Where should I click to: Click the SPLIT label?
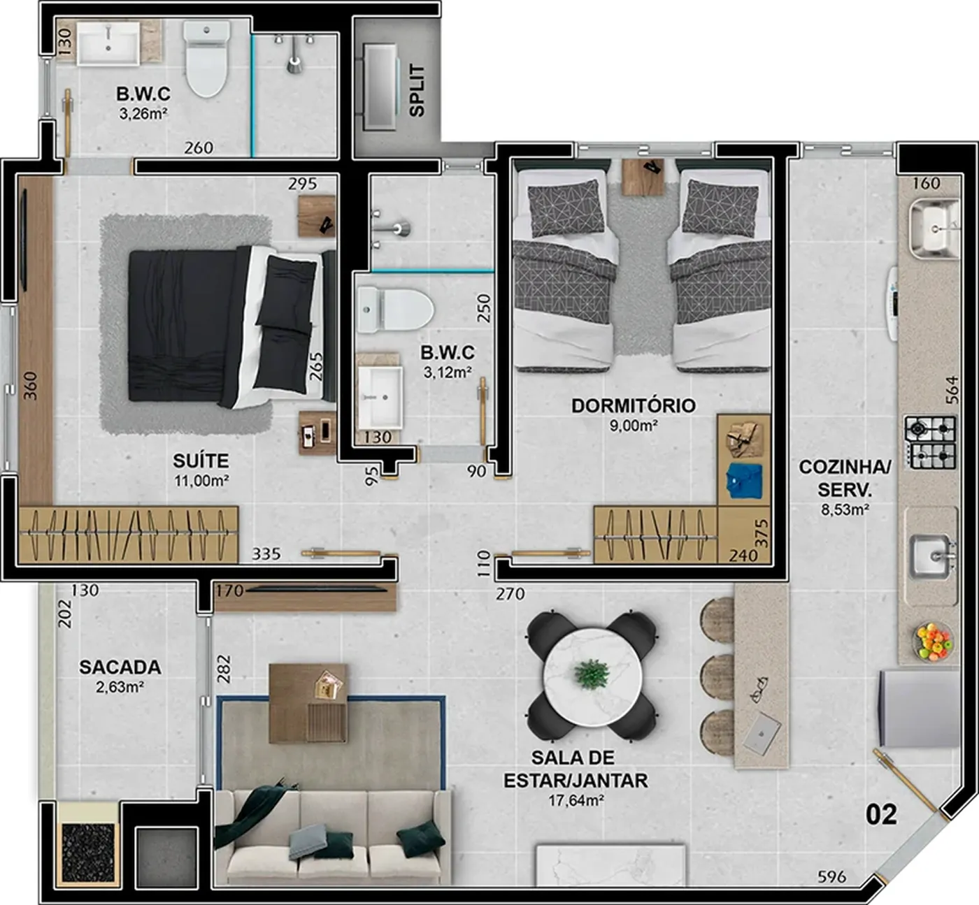point(417,91)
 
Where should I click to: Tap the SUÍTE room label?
point(201,461)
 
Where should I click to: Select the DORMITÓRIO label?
point(634,405)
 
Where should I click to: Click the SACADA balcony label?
point(120,667)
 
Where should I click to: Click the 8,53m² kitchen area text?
point(845,509)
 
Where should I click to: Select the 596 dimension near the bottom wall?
point(831,876)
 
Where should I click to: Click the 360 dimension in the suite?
point(29,386)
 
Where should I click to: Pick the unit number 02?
point(881,816)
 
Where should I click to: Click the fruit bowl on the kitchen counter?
point(933,641)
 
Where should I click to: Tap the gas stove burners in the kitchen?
point(930,442)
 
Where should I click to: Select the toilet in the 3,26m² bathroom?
point(206,59)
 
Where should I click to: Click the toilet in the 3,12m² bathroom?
point(395,310)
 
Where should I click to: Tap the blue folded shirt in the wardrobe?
point(744,479)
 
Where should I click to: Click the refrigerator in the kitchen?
point(920,708)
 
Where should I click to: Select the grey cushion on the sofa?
point(308,842)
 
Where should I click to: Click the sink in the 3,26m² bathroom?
point(108,43)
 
